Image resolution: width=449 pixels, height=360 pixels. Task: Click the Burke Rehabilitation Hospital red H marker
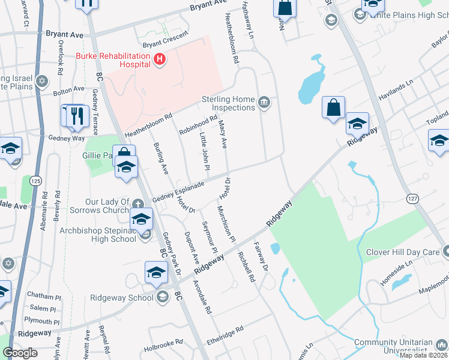tap(160, 59)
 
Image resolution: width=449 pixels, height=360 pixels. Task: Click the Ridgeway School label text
tap(122, 297)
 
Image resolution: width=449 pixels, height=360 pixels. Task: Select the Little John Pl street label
tap(204, 151)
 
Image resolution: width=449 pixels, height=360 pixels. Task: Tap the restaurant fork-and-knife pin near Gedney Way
tap(77, 116)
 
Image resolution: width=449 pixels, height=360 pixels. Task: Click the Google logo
tap(20, 353)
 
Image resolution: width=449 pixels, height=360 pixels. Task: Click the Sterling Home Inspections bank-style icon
tap(264, 103)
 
